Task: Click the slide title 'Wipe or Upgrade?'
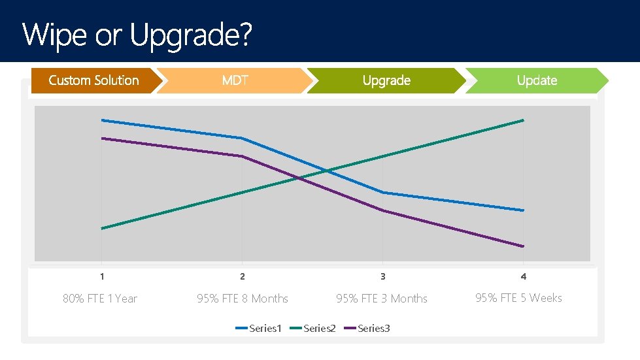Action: (x=136, y=35)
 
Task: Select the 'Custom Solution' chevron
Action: (x=93, y=80)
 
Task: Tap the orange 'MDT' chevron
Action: (x=235, y=80)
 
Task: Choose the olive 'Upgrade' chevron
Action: (x=386, y=80)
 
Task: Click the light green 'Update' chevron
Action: (x=537, y=80)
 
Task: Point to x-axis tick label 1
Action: (x=102, y=276)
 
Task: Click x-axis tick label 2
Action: (x=243, y=276)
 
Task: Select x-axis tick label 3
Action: (x=383, y=276)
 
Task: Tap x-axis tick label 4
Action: (x=524, y=276)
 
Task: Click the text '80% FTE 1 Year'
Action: (x=100, y=299)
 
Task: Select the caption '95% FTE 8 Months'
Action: (x=243, y=299)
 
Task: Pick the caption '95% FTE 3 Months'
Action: (x=382, y=299)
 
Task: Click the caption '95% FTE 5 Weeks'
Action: (x=518, y=298)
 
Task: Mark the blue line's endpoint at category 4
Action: (x=523, y=210)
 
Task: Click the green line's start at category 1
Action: (x=103, y=229)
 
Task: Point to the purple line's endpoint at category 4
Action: (x=523, y=246)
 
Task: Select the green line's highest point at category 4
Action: (x=523, y=120)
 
